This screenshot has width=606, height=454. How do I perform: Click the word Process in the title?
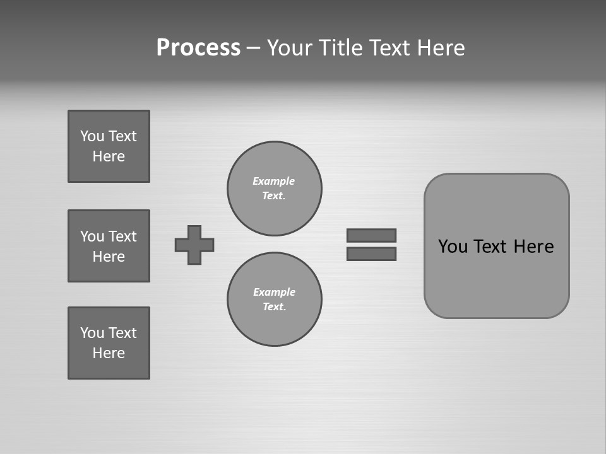tap(198, 48)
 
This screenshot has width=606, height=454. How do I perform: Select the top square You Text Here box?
tap(109, 146)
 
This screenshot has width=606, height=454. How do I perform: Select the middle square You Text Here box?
tap(109, 246)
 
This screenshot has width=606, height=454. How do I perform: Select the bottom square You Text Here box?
tap(109, 343)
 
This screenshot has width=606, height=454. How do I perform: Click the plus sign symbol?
tap(194, 245)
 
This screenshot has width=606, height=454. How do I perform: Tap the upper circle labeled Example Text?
tap(275, 189)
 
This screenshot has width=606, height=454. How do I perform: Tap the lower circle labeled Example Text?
tap(275, 300)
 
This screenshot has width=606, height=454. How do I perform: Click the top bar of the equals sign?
tap(372, 235)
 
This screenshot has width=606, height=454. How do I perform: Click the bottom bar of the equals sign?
tap(372, 254)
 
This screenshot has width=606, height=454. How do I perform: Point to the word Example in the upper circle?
tap(274, 181)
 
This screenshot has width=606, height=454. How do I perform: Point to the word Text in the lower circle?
tap(273, 307)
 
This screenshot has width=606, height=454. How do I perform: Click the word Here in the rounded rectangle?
tap(533, 247)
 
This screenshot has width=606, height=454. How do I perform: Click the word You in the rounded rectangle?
tap(453, 247)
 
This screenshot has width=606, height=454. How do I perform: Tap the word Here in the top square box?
tap(109, 156)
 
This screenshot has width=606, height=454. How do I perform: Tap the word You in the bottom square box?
tap(92, 333)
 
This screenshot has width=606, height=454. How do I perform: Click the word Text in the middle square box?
tap(122, 236)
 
